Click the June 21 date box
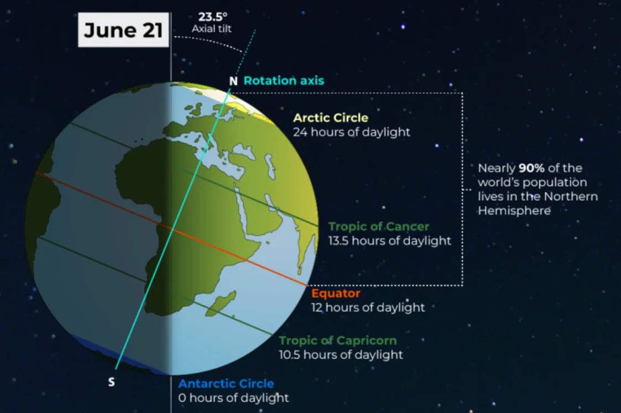coord(123,30)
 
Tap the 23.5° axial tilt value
coord(213,17)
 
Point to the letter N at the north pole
coord(233,81)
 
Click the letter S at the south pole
coord(111,382)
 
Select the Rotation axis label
coord(284,81)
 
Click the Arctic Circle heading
coord(331,118)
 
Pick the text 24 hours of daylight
coord(352,132)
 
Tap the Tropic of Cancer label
coord(379,227)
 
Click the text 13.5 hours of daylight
coord(390,241)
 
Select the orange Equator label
coord(336,294)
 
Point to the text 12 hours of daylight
coord(368,307)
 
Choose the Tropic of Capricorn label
coord(338,341)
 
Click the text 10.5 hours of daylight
coord(341,355)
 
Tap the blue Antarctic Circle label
coord(226,384)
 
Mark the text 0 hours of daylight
coord(234,398)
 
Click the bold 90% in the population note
coord(531,168)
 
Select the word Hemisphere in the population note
coord(514,211)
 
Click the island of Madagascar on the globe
coord(221,304)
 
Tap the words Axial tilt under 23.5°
coord(211,29)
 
